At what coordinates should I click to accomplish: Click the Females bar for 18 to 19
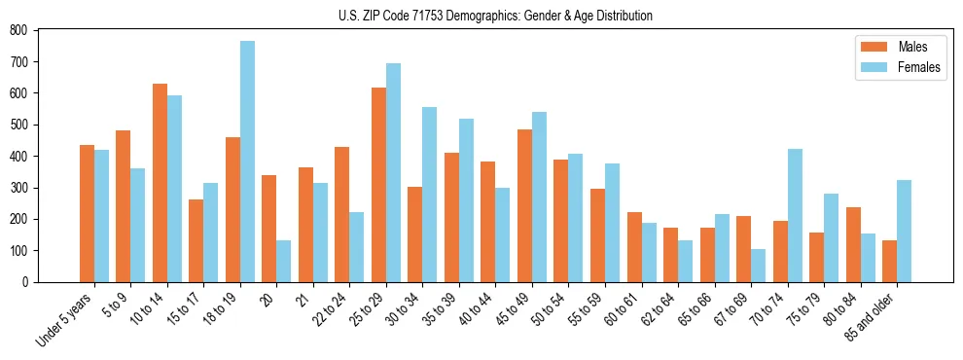[x=247, y=162]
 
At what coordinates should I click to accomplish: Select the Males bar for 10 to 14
[x=160, y=183]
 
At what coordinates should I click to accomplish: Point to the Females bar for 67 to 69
[x=758, y=266]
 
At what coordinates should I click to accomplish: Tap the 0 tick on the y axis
[x=30, y=282]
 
